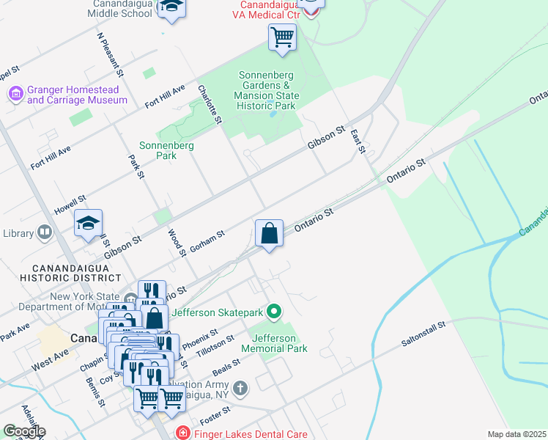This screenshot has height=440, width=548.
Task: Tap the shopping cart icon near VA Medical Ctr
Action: pyautogui.click(x=282, y=36)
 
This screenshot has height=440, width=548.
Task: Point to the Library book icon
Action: pyautogui.click(x=45, y=233)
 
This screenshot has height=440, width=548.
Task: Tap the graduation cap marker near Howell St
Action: pyautogui.click(x=88, y=224)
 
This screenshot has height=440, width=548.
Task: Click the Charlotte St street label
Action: pyautogui.click(x=210, y=104)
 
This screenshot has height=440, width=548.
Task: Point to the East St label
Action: pyautogui.click(x=358, y=142)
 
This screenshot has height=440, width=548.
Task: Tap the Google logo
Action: pyautogui.click(x=23, y=431)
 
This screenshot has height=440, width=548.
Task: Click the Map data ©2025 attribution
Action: pyautogui.click(x=516, y=434)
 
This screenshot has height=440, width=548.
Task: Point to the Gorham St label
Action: pyautogui.click(x=207, y=243)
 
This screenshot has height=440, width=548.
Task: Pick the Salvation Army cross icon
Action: pyautogui.click(x=241, y=387)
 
